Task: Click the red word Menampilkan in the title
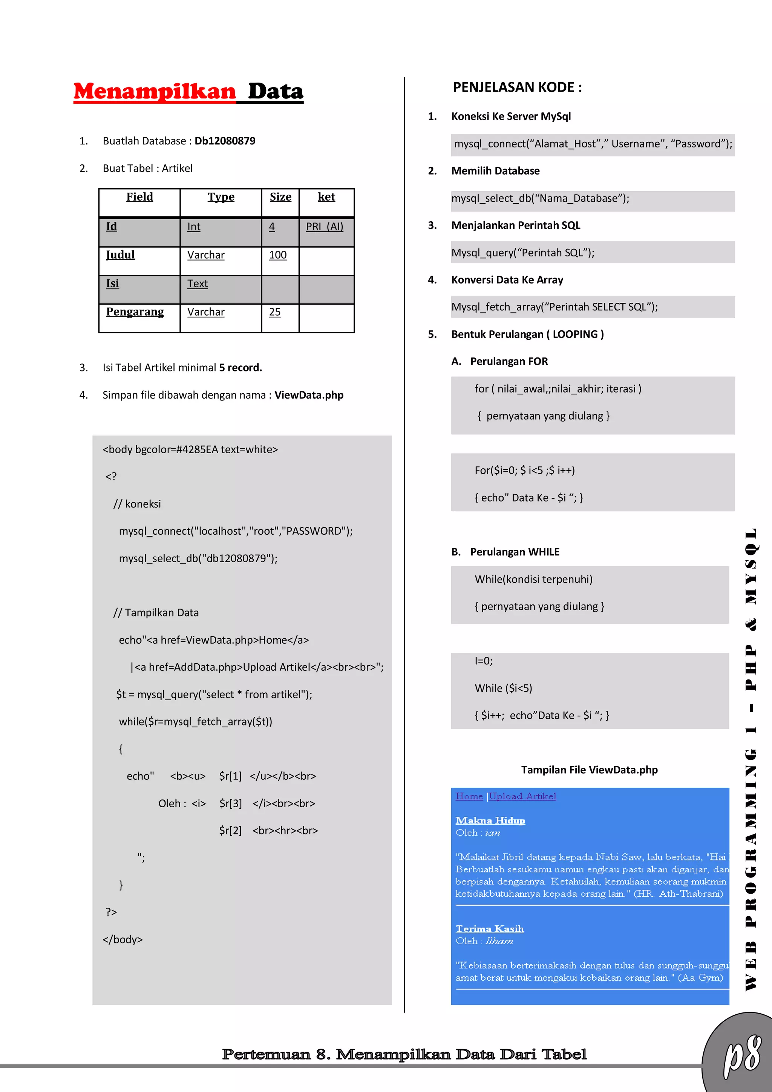point(155,91)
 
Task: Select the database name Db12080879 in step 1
point(225,141)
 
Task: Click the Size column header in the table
point(280,197)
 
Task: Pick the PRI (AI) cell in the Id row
point(324,227)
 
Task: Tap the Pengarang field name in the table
point(135,312)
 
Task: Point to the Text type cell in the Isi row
point(197,284)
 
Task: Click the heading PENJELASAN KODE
point(517,87)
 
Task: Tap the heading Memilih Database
point(495,171)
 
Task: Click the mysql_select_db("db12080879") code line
point(198,558)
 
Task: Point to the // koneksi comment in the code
point(137,504)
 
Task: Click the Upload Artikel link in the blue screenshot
point(522,796)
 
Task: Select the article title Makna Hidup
point(490,821)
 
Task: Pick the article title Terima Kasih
point(489,929)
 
